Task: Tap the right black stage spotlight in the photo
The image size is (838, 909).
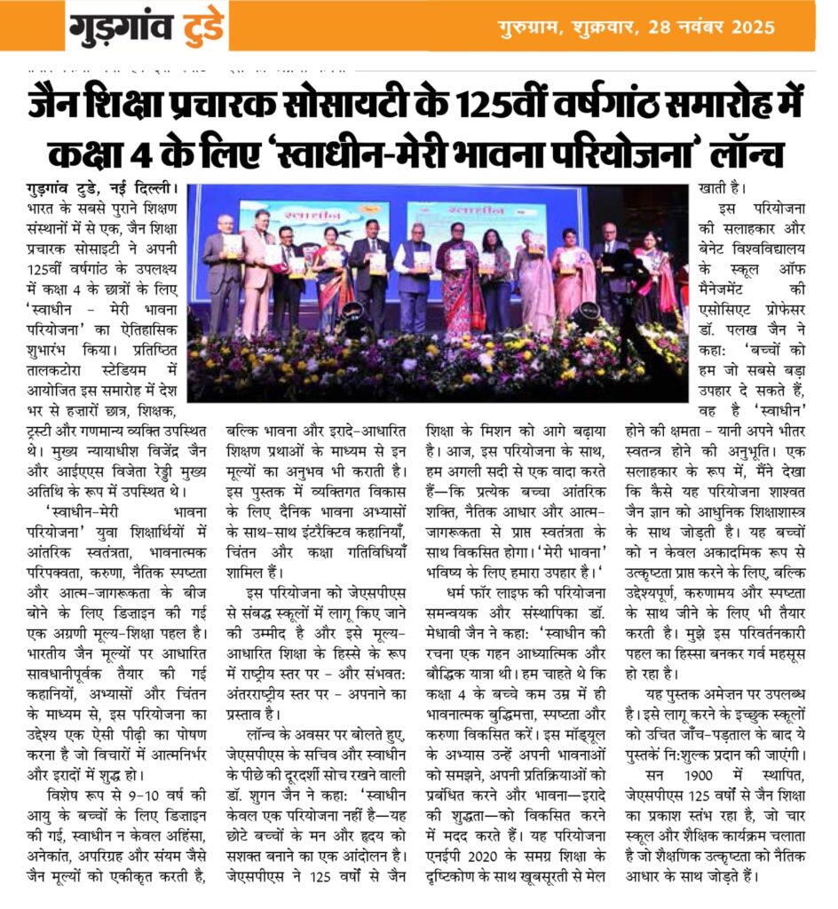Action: point(586,313)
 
